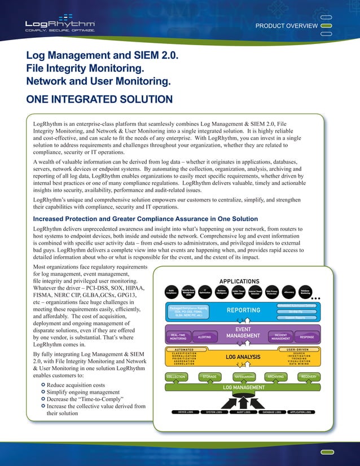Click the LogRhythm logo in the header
tap(60, 24)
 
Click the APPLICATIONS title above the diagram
tap(239, 281)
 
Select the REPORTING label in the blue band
tap(243, 310)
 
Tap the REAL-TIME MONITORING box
tap(178, 337)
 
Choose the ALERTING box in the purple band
tap(204, 337)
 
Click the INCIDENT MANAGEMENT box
tap(280, 337)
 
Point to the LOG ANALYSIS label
tap(243, 357)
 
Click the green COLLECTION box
tap(175, 376)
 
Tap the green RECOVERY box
tap(309, 376)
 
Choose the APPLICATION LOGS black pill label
tap(300, 412)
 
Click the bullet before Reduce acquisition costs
tap(43, 384)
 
